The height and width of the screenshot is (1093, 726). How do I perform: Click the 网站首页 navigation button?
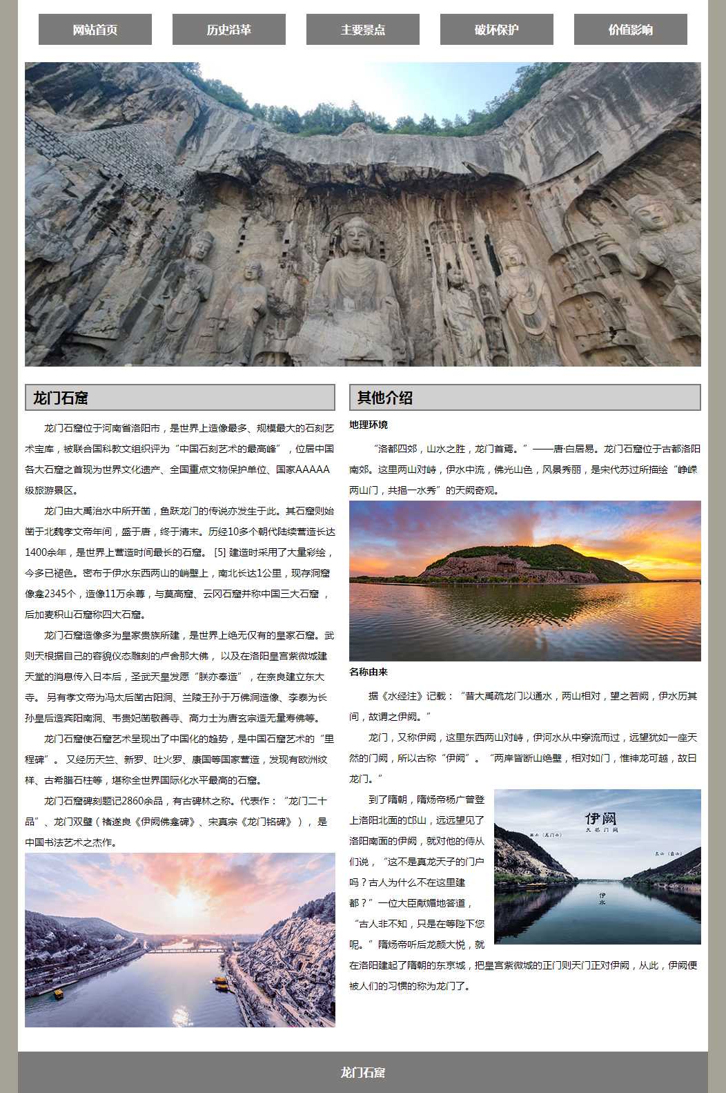coord(95,30)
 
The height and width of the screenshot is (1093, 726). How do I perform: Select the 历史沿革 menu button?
coord(229,30)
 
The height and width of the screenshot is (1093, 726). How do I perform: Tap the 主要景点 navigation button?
coord(363,30)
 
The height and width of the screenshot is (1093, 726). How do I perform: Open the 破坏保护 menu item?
coord(497,30)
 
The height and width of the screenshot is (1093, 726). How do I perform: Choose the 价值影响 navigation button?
coord(631,30)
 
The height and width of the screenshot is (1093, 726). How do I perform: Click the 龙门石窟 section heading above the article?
coord(61,398)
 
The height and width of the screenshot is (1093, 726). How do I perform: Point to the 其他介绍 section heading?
coord(385,398)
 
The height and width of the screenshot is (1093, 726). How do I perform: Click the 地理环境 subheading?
coord(369,425)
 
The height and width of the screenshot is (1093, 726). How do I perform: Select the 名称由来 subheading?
coord(369,672)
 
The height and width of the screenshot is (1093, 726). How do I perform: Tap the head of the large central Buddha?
coord(357,235)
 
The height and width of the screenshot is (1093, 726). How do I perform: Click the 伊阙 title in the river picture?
coord(600,818)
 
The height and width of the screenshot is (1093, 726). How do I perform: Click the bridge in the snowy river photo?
coord(186,949)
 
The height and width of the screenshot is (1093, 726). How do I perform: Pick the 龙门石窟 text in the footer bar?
coord(363,1072)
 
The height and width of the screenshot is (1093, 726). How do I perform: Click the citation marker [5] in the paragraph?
coord(220,552)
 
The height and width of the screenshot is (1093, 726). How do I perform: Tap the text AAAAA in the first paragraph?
coord(313,470)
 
